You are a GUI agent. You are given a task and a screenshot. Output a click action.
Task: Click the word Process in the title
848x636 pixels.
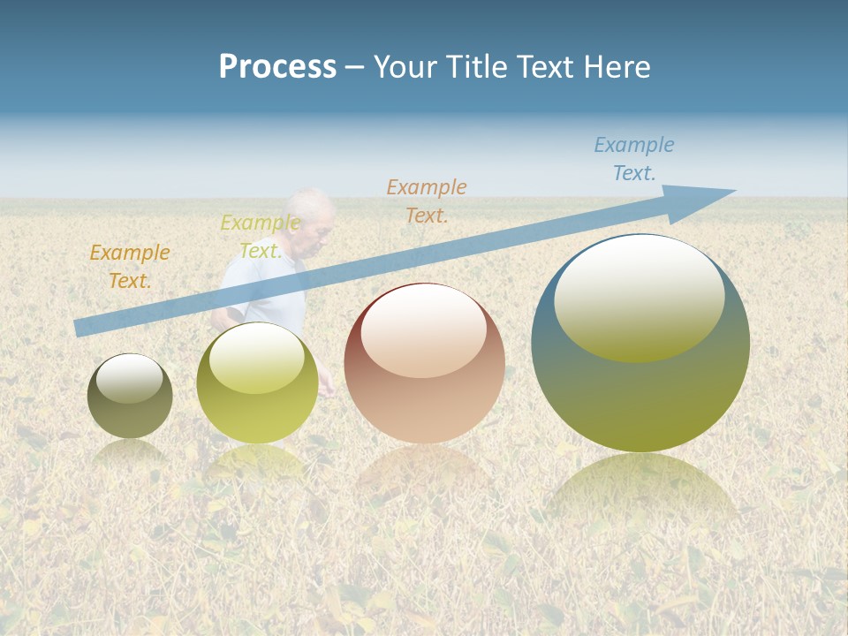tap(277, 67)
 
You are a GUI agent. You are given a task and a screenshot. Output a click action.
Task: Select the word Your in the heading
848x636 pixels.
tap(404, 67)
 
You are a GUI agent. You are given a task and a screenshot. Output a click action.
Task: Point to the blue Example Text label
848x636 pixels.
tap(634, 159)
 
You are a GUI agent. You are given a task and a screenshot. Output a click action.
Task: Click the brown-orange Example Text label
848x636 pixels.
tap(427, 201)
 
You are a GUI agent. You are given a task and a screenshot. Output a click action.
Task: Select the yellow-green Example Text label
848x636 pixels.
tap(261, 237)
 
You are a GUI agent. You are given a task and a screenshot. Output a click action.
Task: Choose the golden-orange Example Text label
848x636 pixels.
tap(130, 267)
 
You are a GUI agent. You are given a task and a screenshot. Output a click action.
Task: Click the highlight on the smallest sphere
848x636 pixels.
tap(130, 377)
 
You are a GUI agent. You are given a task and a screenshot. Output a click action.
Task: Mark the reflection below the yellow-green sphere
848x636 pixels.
tap(257, 464)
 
